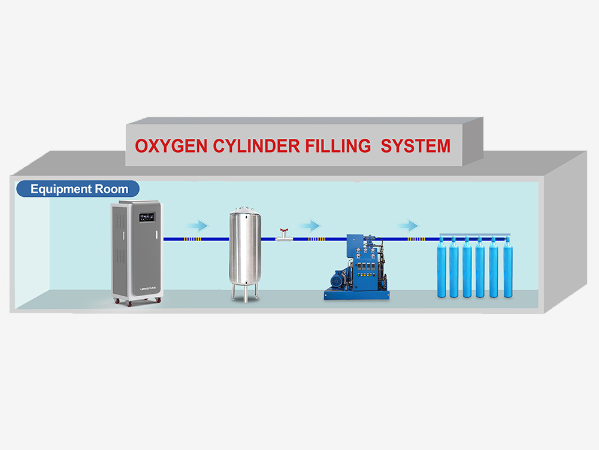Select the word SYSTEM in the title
(416, 145)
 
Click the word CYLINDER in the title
(252, 145)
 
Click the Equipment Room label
(79, 189)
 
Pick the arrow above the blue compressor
(310, 226)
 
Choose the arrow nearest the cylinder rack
(407, 226)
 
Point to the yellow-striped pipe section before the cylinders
(413, 239)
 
